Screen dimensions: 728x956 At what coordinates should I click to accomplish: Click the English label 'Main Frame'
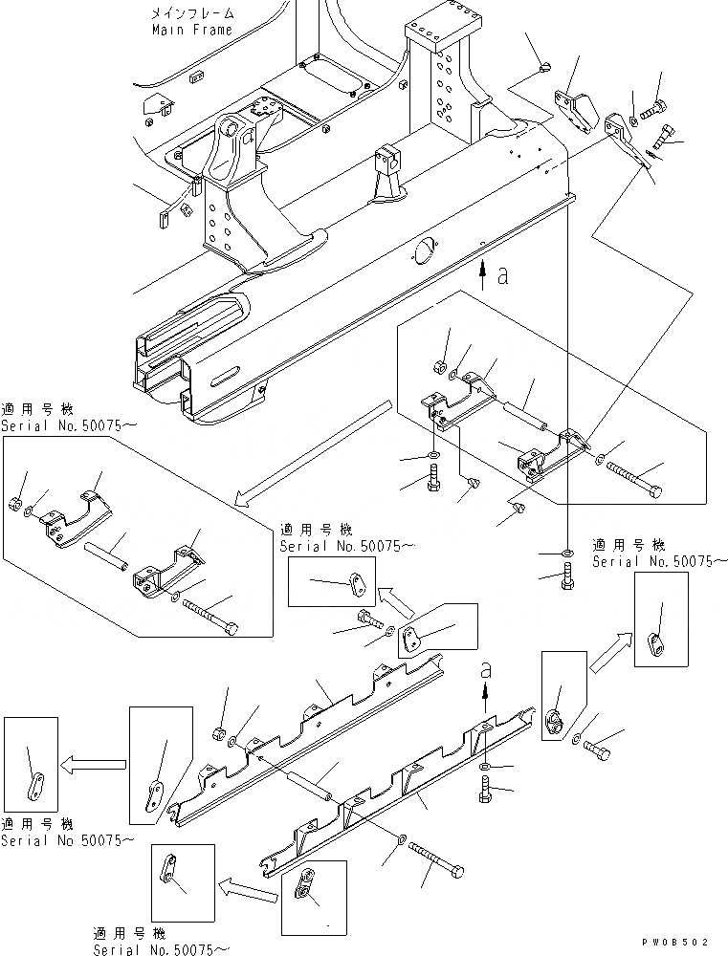pos(192,30)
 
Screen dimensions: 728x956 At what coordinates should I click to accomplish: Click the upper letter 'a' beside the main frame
pos(503,275)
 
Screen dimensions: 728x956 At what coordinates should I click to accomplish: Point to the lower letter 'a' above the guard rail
pos(486,671)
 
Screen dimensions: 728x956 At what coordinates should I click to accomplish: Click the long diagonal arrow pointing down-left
pos(311,453)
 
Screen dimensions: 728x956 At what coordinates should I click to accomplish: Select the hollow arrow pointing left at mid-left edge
pos(93,764)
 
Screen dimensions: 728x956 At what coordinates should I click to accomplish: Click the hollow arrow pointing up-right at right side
pos(611,652)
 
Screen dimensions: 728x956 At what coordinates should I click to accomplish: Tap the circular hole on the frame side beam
pos(426,251)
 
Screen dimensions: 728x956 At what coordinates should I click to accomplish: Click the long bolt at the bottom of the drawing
pos(437,858)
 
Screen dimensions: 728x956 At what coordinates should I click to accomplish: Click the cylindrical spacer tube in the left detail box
pos(106,556)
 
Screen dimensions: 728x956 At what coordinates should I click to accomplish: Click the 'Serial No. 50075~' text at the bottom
pos(161,949)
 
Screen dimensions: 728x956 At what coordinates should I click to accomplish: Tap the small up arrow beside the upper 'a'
pos(483,275)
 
